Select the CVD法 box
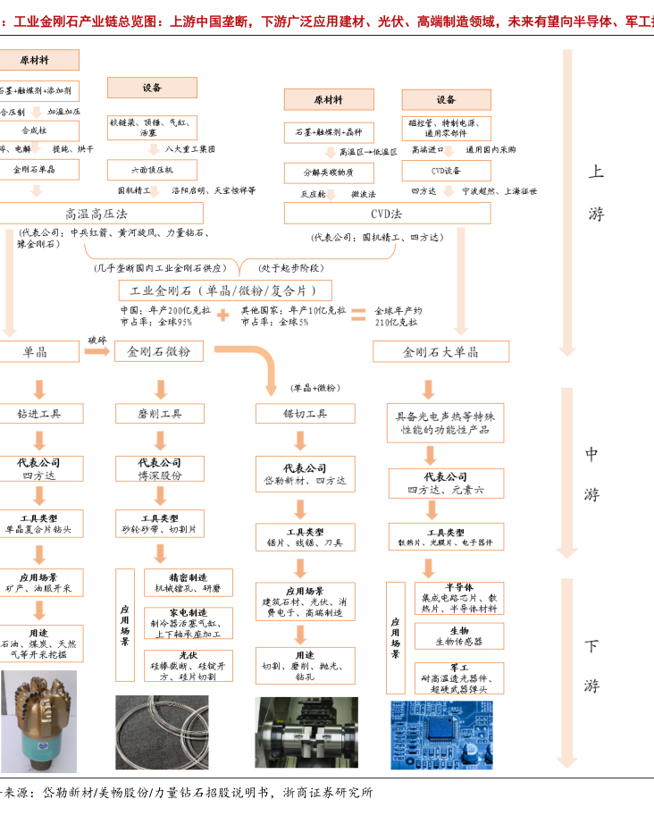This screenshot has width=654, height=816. [387, 213]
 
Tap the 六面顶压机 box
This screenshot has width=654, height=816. [152, 169]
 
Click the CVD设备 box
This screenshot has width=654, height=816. [446, 170]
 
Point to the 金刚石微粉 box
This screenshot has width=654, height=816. [160, 351]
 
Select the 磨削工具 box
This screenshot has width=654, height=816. [160, 414]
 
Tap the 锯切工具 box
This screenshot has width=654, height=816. [305, 414]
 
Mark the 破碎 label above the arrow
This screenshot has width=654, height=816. [96, 340]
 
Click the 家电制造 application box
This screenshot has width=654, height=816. [188, 623]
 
